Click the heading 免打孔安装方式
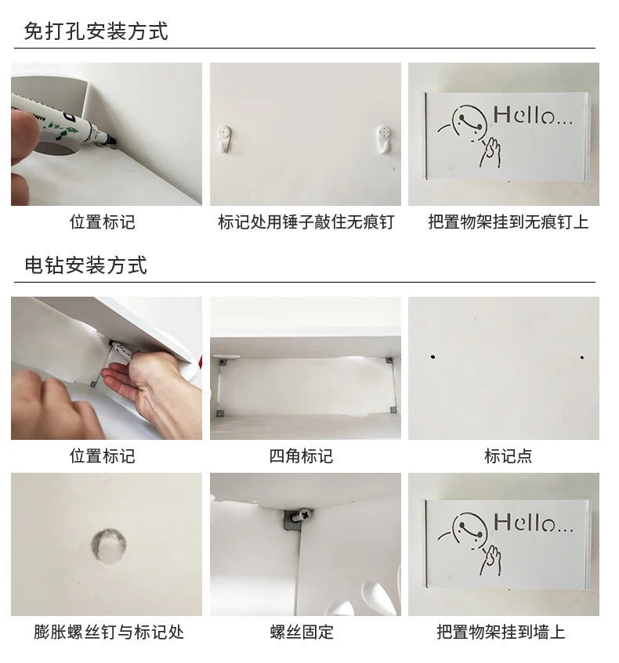96,31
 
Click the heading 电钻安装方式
86,265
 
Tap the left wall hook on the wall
224,139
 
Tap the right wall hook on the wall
384,139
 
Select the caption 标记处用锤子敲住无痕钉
306,222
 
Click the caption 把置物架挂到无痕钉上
508,222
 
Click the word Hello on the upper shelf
533,115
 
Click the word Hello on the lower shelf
533,523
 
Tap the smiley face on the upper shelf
468,122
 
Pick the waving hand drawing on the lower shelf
490,560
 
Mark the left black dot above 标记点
433,357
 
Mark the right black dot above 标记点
582,358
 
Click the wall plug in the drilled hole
109,546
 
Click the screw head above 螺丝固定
305,515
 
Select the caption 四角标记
301,456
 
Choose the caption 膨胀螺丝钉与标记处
109,632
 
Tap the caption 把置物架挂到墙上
501,632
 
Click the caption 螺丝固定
302,632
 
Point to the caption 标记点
508,456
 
